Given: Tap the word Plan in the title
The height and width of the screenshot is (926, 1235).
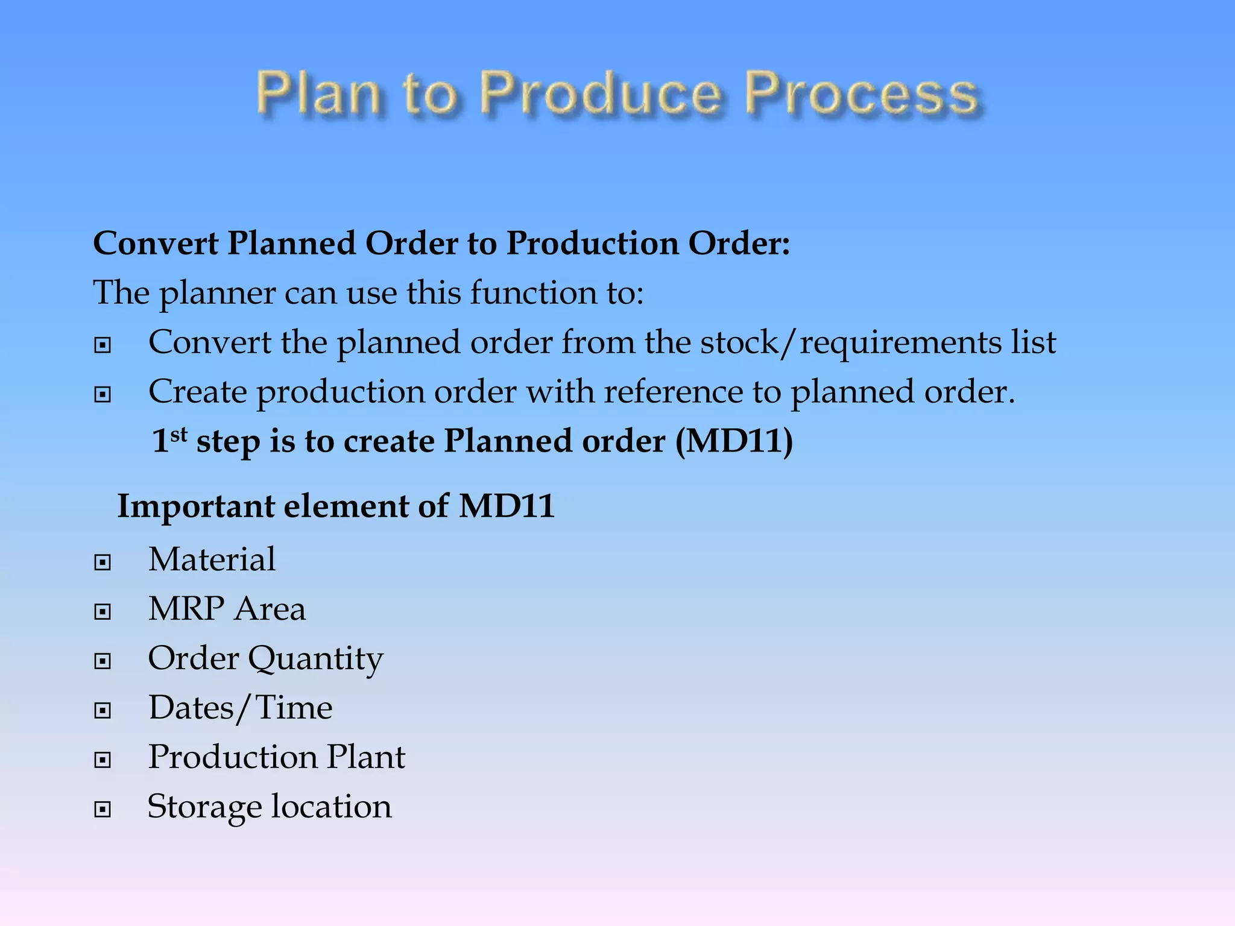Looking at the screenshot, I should (318, 93).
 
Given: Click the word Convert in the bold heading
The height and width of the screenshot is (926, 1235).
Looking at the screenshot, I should (156, 244).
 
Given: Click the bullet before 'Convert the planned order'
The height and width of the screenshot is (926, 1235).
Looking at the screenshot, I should (103, 345).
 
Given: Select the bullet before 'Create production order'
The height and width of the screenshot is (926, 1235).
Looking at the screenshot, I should (103, 394).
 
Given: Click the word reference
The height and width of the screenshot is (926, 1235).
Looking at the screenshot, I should (674, 392).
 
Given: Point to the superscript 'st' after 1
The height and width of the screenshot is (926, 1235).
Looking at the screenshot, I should (179, 435).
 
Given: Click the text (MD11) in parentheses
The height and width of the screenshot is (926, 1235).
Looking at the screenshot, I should (734, 441).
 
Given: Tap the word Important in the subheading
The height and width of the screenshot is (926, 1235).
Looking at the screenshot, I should (196, 506).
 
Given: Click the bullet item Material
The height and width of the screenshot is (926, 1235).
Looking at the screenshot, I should (212, 559).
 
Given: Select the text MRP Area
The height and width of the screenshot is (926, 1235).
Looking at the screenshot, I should (227, 609).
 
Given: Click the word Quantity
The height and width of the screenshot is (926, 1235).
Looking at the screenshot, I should (315, 659).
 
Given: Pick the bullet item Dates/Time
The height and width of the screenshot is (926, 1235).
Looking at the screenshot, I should (240, 708).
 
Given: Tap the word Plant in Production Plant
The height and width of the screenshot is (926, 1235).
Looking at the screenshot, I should (366, 757).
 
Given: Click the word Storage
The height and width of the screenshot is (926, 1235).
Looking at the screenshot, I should (204, 807).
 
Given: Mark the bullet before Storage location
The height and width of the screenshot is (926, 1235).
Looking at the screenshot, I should (103, 809).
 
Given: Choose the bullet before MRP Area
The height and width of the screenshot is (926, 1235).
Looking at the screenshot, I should (103, 612).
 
